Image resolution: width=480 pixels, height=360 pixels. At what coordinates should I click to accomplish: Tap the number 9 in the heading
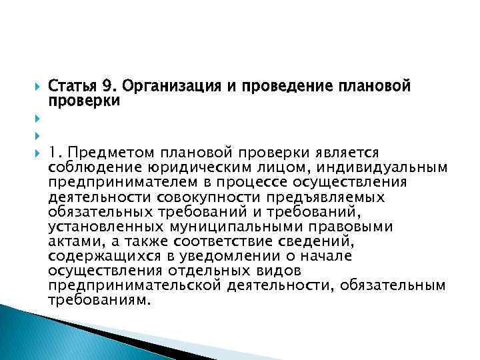tap(107, 87)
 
